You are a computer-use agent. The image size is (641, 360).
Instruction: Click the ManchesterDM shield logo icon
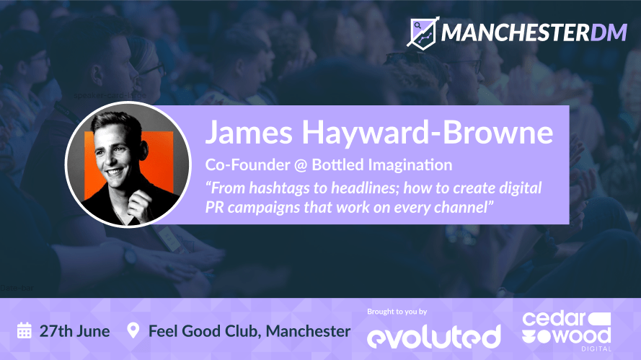(x=423, y=32)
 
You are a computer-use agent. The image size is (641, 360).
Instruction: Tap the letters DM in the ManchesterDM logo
(x=609, y=32)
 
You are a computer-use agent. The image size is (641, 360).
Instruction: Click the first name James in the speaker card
(x=249, y=132)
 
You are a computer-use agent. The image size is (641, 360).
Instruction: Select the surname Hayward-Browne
(x=428, y=133)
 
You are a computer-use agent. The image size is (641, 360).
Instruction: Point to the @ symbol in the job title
(x=301, y=165)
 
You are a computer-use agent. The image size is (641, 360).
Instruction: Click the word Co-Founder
(x=248, y=164)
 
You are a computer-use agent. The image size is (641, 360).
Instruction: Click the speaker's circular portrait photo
(x=128, y=164)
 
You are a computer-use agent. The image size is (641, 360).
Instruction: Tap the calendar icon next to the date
(x=24, y=330)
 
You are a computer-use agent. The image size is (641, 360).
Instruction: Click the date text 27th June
(x=74, y=331)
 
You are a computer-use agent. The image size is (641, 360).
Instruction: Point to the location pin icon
(x=133, y=330)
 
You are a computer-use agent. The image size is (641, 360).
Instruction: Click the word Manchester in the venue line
(x=308, y=331)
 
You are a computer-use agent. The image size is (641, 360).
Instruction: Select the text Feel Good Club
(x=205, y=331)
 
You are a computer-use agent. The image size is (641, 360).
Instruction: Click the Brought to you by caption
(x=397, y=312)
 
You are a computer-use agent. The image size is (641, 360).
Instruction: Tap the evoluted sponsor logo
(x=434, y=336)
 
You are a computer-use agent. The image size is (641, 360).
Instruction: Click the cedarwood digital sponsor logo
(x=567, y=331)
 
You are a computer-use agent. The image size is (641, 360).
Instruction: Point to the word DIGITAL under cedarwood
(x=596, y=349)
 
